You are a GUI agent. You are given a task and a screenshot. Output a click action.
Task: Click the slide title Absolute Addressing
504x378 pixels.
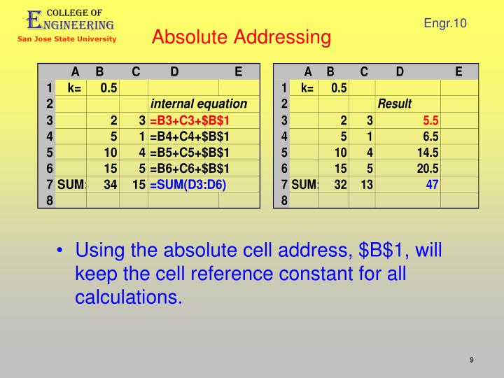[x=241, y=37]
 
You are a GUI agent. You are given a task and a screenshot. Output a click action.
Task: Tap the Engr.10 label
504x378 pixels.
[x=444, y=24]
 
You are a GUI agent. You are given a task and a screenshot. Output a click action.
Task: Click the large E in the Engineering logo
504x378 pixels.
[x=34, y=20]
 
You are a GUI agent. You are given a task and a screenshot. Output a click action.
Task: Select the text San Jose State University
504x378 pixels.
[x=67, y=39]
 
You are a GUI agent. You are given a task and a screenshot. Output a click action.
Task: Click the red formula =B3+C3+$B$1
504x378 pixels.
[x=190, y=120]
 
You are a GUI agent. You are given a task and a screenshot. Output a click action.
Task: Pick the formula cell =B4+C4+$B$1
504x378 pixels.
[x=190, y=136]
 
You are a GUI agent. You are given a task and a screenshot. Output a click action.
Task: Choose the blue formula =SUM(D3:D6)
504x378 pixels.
[x=188, y=184]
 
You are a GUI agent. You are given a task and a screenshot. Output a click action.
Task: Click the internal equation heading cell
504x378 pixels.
[x=199, y=104]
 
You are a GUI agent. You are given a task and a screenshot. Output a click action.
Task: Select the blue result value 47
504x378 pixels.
[x=431, y=184]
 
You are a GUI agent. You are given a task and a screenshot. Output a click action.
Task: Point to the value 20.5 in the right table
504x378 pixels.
[x=427, y=168]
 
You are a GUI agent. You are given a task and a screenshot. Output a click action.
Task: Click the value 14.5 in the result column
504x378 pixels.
[x=427, y=152]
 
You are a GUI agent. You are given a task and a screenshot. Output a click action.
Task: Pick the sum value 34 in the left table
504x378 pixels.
[x=110, y=184]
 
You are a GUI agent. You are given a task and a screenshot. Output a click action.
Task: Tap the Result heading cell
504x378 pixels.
[x=395, y=104]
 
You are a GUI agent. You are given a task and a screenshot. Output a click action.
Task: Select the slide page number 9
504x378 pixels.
[x=472, y=360]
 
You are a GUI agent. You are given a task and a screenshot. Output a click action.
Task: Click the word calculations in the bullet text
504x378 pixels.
[x=128, y=297]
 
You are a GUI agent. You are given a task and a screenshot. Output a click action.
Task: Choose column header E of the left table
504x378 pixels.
[x=238, y=71]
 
